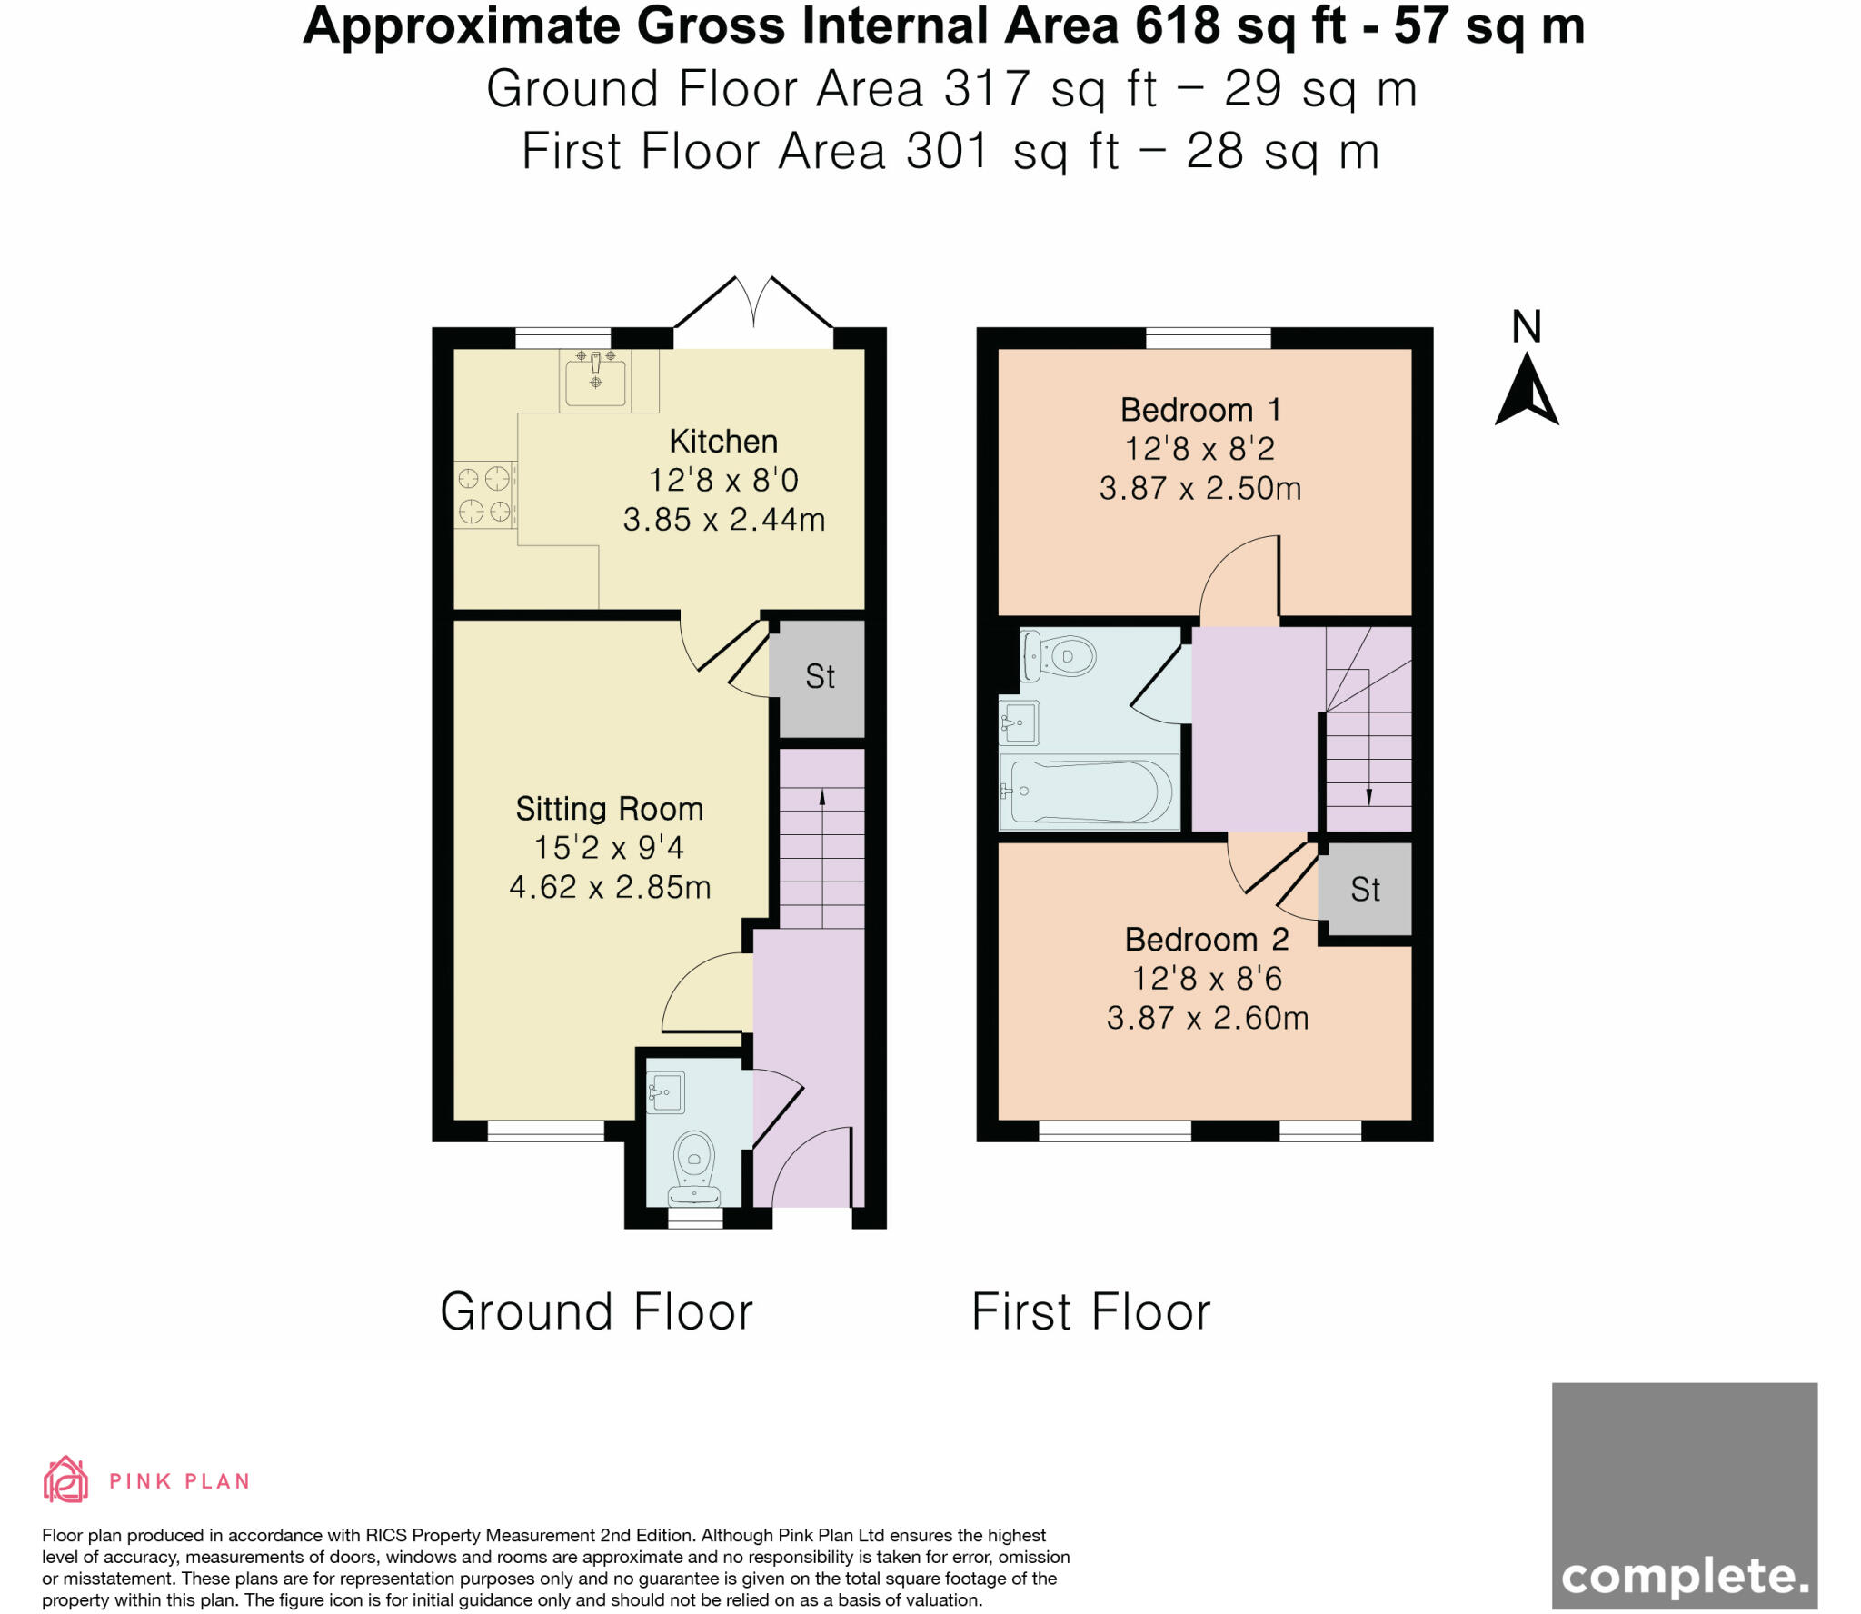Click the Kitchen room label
click(723, 442)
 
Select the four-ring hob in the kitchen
click(484, 495)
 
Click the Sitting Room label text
click(609, 809)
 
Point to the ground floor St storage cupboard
click(820, 677)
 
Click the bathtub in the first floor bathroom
click(1089, 792)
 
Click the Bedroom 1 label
click(1199, 410)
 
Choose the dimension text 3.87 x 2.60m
click(1207, 1018)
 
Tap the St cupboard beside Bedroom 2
click(1365, 890)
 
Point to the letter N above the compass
click(1527, 327)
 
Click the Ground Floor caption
click(596, 1311)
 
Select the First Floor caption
click(1090, 1311)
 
